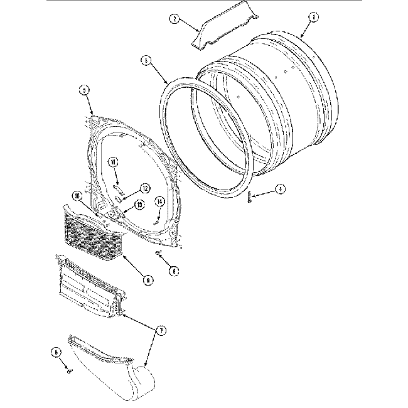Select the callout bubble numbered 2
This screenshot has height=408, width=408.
(174, 19)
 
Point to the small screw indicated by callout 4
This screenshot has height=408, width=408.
(249, 196)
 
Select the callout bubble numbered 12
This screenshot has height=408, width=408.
(144, 187)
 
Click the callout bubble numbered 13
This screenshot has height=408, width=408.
(139, 204)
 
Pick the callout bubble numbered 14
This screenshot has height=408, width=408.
(159, 201)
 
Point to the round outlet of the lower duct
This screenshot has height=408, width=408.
(139, 384)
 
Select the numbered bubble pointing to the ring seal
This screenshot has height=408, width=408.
(146, 61)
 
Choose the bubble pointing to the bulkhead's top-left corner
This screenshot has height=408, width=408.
(83, 90)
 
